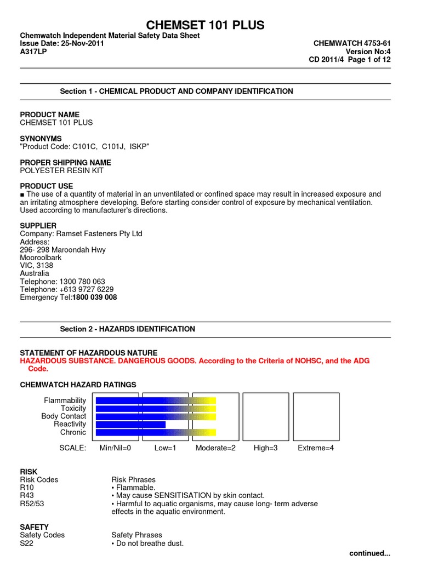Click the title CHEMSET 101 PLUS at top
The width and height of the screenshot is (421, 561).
coord(204,25)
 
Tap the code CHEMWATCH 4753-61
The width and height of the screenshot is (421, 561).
coord(351,43)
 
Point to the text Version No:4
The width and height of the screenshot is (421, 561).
coord(368,51)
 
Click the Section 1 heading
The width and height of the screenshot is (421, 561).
coord(176,91)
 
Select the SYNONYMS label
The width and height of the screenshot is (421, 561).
coord(41,139)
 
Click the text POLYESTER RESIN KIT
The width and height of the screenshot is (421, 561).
coord(61,170)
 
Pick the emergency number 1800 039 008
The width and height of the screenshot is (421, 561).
coord(95,297)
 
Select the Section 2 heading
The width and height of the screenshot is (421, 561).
coord(127,329)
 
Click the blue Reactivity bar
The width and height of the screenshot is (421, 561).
coord(130,425)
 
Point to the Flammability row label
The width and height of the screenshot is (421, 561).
coord(65,401)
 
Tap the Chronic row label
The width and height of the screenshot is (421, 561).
coord(73,432)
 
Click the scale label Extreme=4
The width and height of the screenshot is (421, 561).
coord(315,448)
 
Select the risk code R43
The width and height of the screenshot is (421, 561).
coord(28,495)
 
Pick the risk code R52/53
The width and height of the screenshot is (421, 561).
coord(32,503)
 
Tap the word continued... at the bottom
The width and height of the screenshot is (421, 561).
coord(369,553)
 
